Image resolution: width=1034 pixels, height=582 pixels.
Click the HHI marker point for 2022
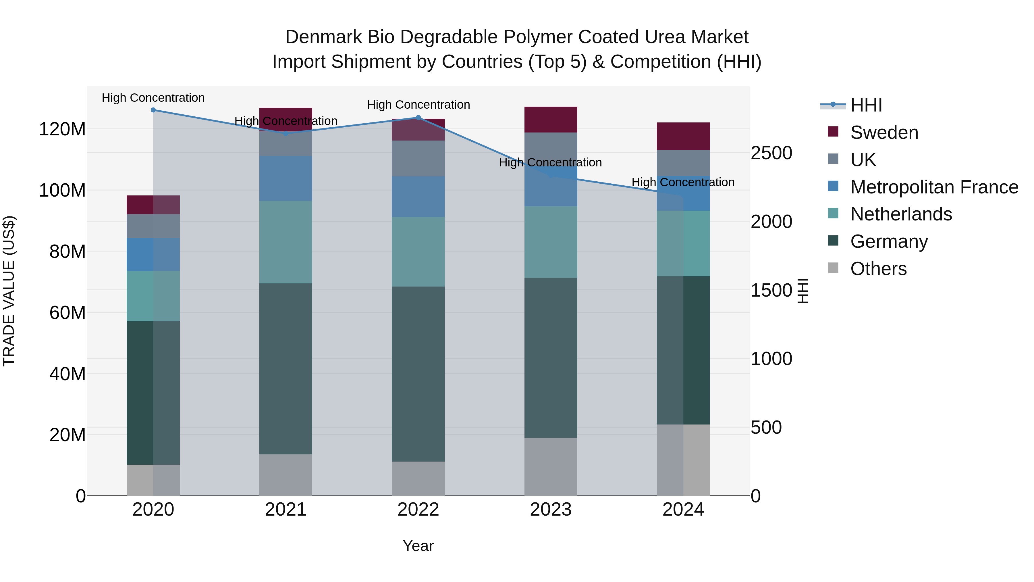(x=418, y=118)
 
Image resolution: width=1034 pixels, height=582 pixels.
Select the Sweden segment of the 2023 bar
(x=551, y=119)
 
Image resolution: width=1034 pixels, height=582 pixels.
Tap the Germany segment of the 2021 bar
(x=286, y=369)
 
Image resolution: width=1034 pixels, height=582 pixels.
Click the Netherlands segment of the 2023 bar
(x=551, y=242)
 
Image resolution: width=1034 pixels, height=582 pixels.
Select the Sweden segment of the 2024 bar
(x=683, y=136)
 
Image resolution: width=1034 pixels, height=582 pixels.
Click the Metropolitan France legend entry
(x=934, y=187)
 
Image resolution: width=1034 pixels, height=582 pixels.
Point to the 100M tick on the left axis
(x=62, y=190)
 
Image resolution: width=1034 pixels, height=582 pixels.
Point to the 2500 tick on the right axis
(x=771, y=153)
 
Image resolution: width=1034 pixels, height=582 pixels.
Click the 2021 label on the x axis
(x=286, y=510)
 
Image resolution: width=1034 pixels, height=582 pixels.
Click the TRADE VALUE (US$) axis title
(x=9, y=291)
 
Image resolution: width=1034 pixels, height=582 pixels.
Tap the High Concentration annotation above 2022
(x=418, y=105)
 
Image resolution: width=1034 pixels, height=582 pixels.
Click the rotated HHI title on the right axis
(x=803, y=291)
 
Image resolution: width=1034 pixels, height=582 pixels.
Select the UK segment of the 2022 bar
(x=418, y=158)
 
